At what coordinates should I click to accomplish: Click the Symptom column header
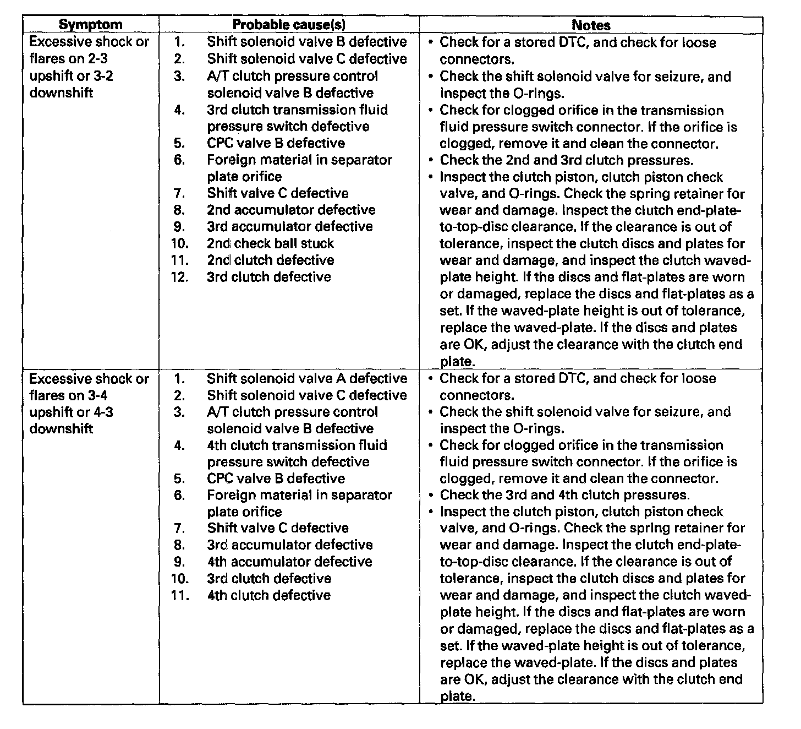[90, 25]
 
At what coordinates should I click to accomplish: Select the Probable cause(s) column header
[289, 25]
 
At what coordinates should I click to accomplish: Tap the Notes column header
[591, 25]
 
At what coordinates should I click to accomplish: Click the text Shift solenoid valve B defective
[306, 42]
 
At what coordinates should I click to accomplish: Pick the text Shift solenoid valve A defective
[306, 379]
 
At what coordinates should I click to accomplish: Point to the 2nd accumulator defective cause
[291, 210]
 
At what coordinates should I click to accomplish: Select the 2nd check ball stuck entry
[270, 243]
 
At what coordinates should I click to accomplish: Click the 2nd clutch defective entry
[270, 260]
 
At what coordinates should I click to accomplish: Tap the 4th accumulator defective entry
[289, 562]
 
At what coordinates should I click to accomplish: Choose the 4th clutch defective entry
[268, 595]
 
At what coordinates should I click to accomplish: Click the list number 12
[179, 277]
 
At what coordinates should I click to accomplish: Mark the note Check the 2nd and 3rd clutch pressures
[566, 160]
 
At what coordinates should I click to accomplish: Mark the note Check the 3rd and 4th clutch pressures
[564, 495]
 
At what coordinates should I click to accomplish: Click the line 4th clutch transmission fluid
[297, 445]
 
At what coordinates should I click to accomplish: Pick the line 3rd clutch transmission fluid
[297, 110]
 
